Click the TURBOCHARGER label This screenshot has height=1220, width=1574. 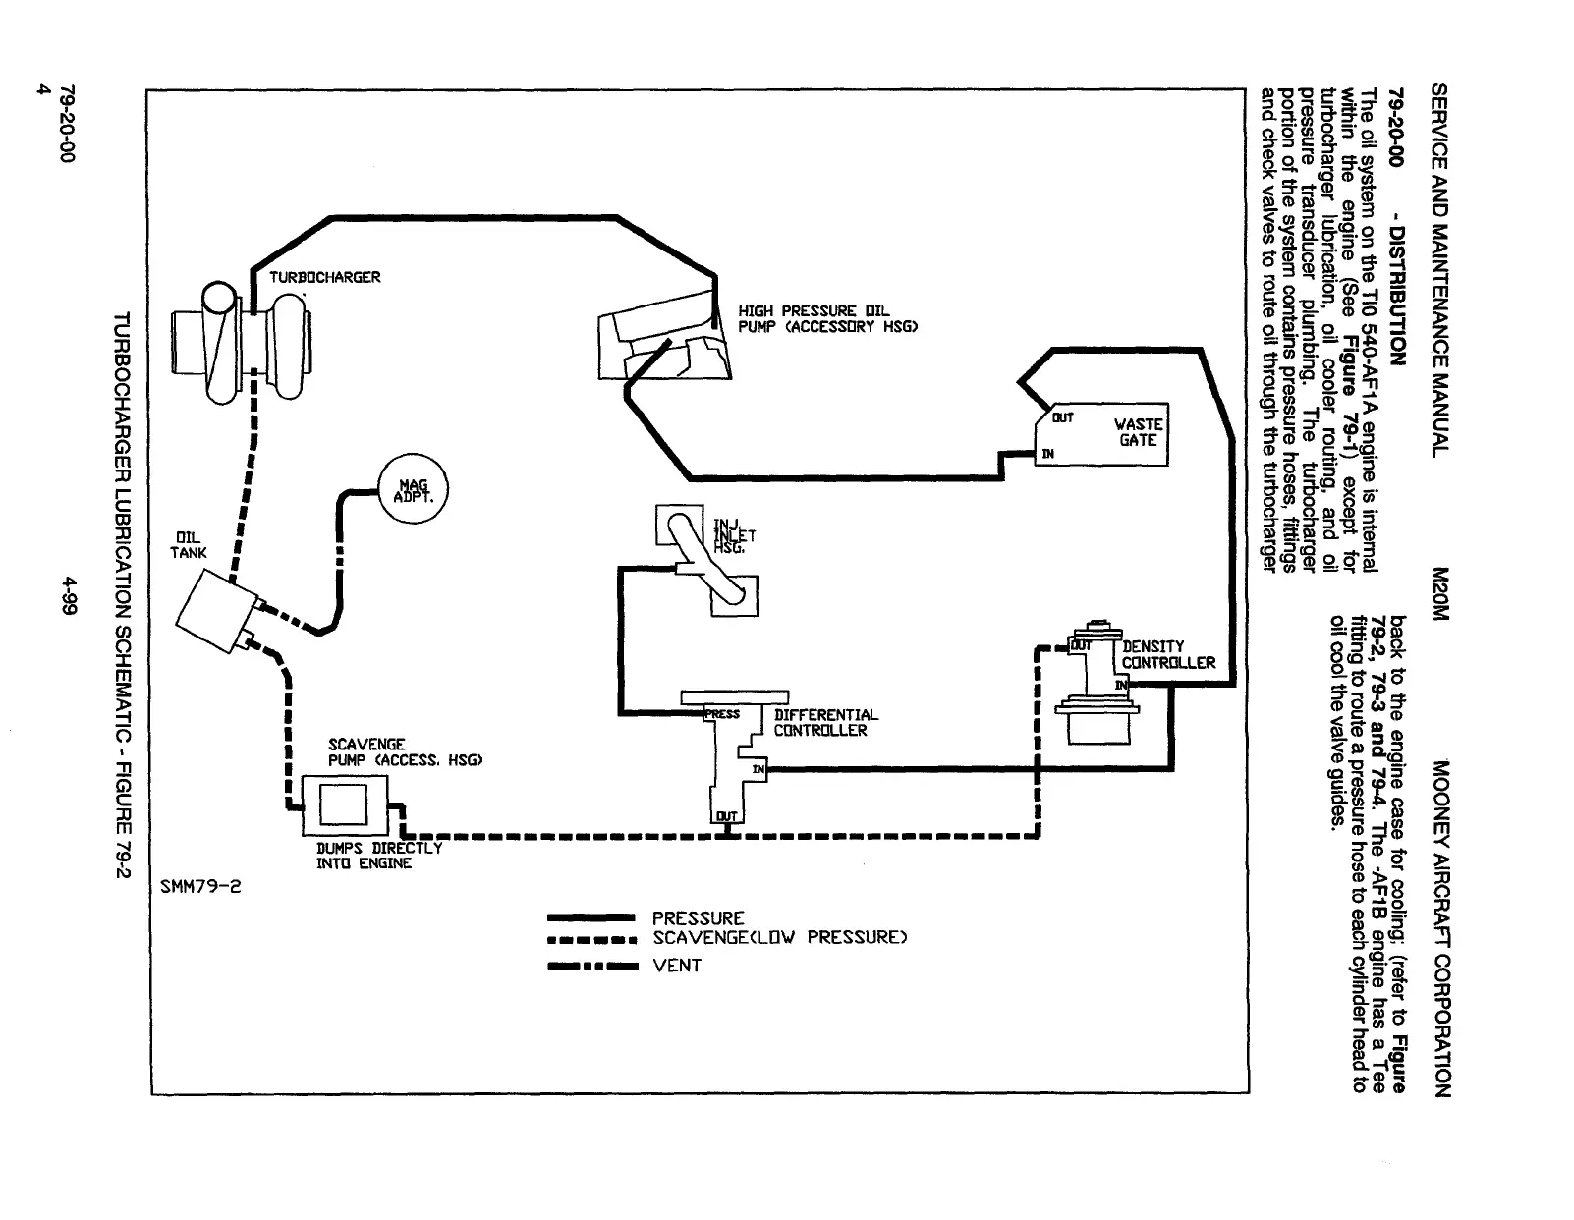point(324,277)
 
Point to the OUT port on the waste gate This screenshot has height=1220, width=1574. point(1062,418)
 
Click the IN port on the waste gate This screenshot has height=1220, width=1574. point(1047,454)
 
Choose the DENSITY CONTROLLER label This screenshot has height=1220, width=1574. point(1167,654)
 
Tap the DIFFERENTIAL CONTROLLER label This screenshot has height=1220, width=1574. point(825,722)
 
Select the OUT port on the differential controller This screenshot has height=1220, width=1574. point(726,816)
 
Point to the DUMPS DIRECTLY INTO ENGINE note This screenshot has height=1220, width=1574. point(378,856)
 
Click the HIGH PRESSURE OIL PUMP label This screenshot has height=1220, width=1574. point(827,318)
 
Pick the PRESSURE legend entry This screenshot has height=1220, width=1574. point(698,918)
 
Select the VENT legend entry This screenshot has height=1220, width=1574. point(677,966)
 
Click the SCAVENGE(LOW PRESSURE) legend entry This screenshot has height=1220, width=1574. point(778,937)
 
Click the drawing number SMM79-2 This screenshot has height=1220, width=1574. point(199,886)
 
